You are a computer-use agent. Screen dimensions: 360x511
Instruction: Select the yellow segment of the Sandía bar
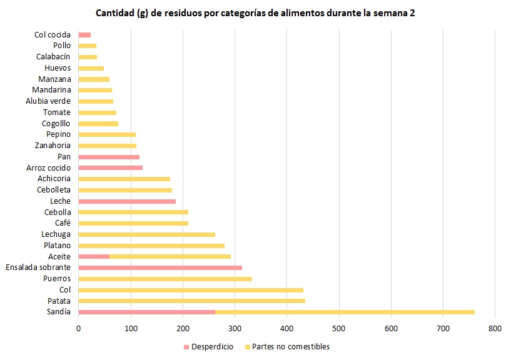point(345,312)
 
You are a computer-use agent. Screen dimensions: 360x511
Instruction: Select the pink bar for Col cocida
point(84,35)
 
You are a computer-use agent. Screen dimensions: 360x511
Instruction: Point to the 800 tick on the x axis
point(495,328)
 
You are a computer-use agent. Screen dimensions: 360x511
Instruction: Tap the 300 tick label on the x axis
point(235,328)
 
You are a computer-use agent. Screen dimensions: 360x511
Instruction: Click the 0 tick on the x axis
point(79,328)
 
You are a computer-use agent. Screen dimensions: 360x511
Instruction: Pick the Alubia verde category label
point(48,101)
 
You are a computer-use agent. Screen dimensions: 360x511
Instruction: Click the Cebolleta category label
point(54,189)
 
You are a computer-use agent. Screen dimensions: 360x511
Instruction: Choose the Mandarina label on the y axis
point(51,90)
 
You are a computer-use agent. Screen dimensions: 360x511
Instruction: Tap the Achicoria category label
point(54,179)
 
